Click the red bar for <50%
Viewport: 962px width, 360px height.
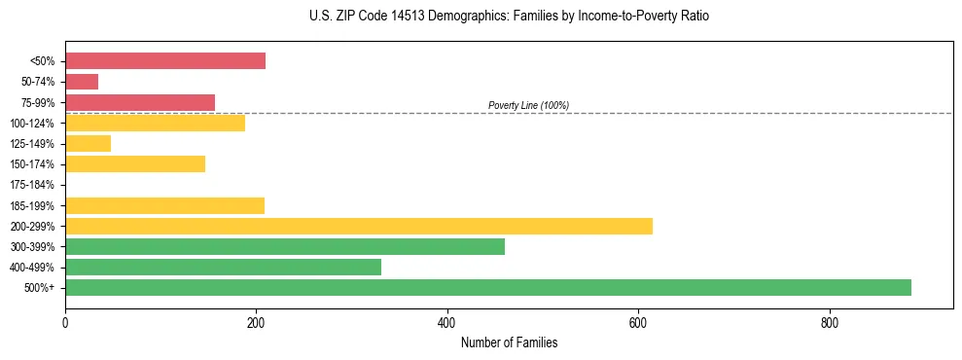[x=164, y=61]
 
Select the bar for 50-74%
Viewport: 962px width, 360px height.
[x=82, y=82]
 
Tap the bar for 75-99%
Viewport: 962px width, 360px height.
[x=139, y=102]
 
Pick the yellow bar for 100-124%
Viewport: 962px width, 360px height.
[x=155, y=123]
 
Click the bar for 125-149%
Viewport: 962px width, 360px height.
[x=88, y=143]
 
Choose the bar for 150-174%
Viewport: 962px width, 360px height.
[x=134, y=163]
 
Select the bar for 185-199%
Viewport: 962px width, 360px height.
[x=164, y=205]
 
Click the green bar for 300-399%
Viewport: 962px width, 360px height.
[x=284, y=246]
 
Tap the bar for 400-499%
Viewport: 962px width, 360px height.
[x=223, y=267]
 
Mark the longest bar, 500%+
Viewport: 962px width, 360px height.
[x=487, y=287]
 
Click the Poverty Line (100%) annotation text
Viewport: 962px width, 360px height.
[x=528, y=105]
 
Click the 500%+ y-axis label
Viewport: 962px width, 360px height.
[x=41, y=288]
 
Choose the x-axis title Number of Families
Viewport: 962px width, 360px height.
[x=509, y=342]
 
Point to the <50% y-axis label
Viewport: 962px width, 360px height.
[x=43, y=61]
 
